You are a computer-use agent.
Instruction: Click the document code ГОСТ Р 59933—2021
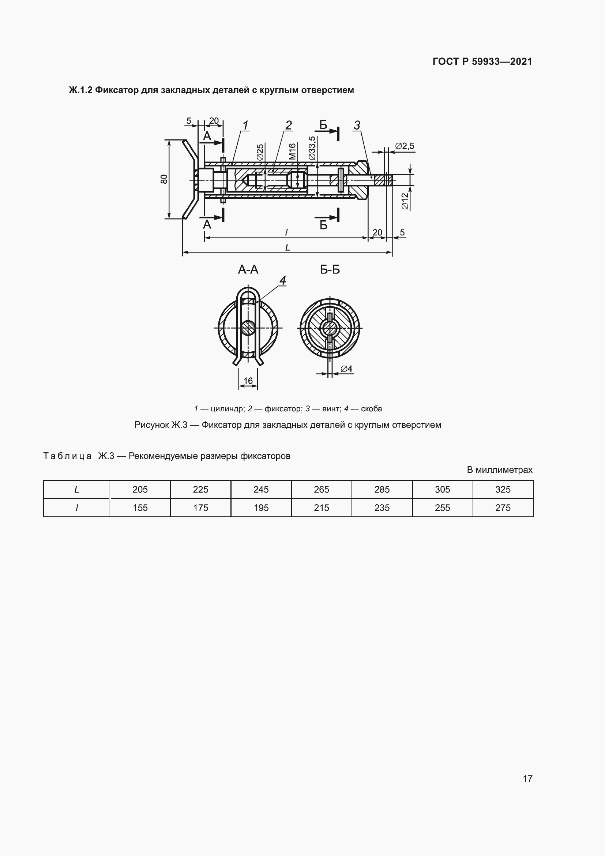click(x=482, y=61)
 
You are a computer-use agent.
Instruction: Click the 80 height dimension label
click(x=164, y=179)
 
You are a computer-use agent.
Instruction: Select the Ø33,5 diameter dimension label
click(x=312, y=148)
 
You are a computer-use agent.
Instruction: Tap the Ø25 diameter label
click(x=260, y=152)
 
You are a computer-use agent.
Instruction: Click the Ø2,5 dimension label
click(x=405, y=146)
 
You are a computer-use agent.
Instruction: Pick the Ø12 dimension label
click(x=405, y=201)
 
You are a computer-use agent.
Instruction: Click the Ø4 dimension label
click(x=346, y=369)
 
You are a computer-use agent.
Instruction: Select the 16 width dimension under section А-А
click(x=248, y=381)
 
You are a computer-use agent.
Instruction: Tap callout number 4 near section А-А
click(x=283, y=280)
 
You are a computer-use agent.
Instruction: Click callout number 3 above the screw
click(x=357, y=125)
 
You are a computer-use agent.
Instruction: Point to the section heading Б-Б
click(x=330, y=270)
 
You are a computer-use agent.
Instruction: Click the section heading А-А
click(x=248, y=270)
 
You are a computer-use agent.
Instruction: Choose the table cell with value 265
click(x=321, y=489)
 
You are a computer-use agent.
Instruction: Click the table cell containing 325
click(x=503, y=489)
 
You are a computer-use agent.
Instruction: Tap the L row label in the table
click(x=77, y=489)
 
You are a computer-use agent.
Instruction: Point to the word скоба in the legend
click(x=371, y=409)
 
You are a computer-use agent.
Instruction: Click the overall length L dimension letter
click(x=287, y=247)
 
